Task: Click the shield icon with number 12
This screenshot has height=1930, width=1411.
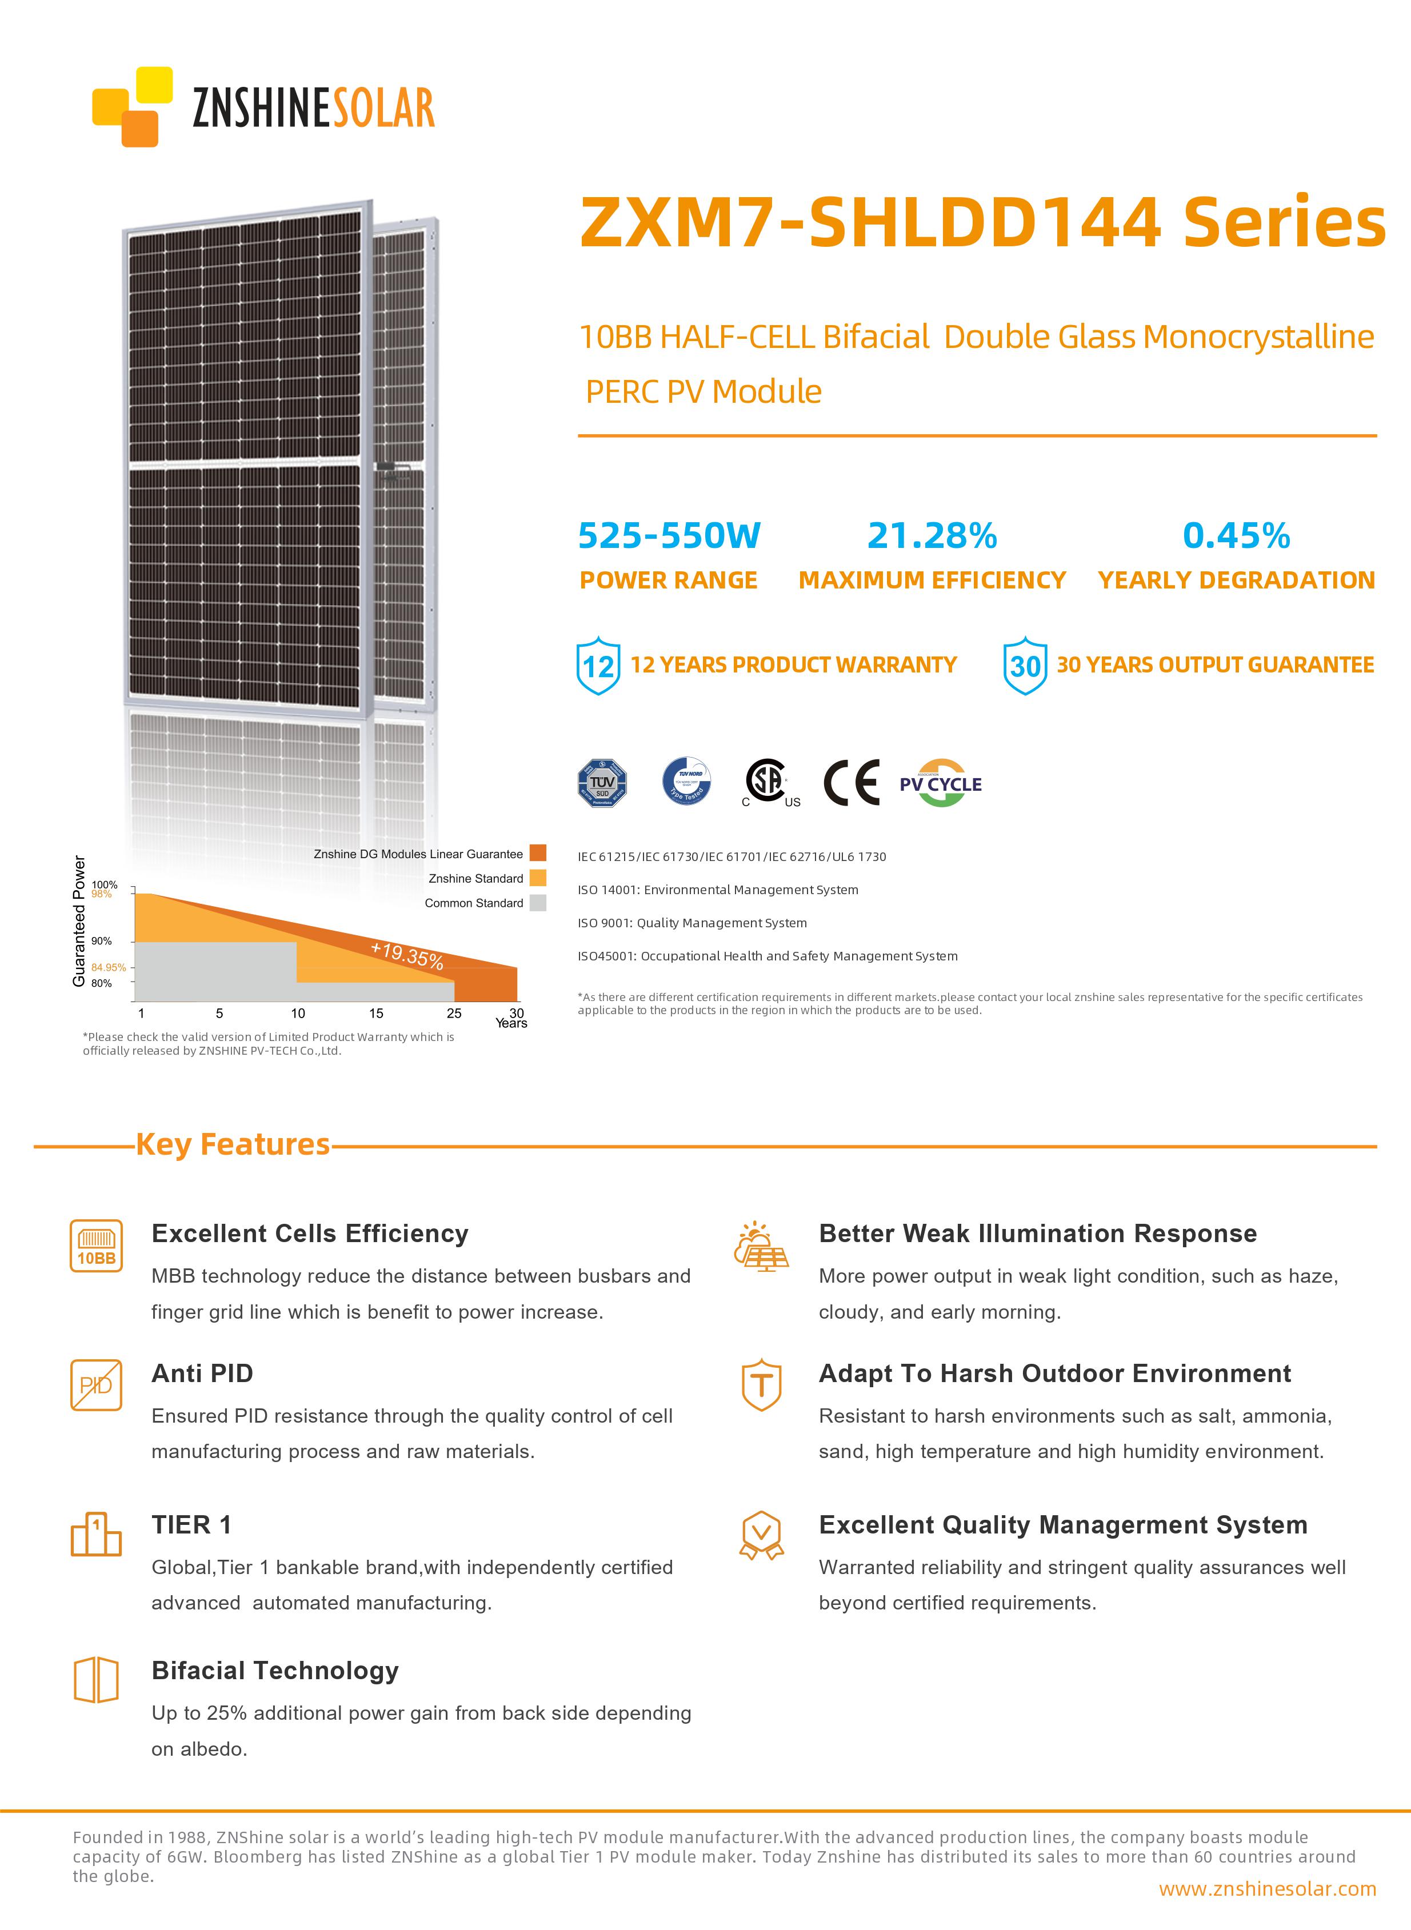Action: click(598, 665)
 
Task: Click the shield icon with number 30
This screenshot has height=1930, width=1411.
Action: click(1025, 665)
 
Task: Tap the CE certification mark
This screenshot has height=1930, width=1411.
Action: click(852, 782)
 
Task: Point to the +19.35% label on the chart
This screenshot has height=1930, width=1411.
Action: click(406, 955)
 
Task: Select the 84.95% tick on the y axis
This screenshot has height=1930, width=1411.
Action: click(109, 967)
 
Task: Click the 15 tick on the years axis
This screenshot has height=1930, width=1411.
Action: click(376, 1014)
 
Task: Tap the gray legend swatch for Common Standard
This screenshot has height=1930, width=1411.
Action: click(537, 903)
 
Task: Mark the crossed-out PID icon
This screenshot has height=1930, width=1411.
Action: click(95, 1385)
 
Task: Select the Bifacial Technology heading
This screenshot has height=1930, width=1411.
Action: click(275, 1671)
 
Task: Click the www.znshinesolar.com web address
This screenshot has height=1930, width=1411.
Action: click(1266, 1889)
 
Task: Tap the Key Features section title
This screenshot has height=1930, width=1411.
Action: click(233, 1144)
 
